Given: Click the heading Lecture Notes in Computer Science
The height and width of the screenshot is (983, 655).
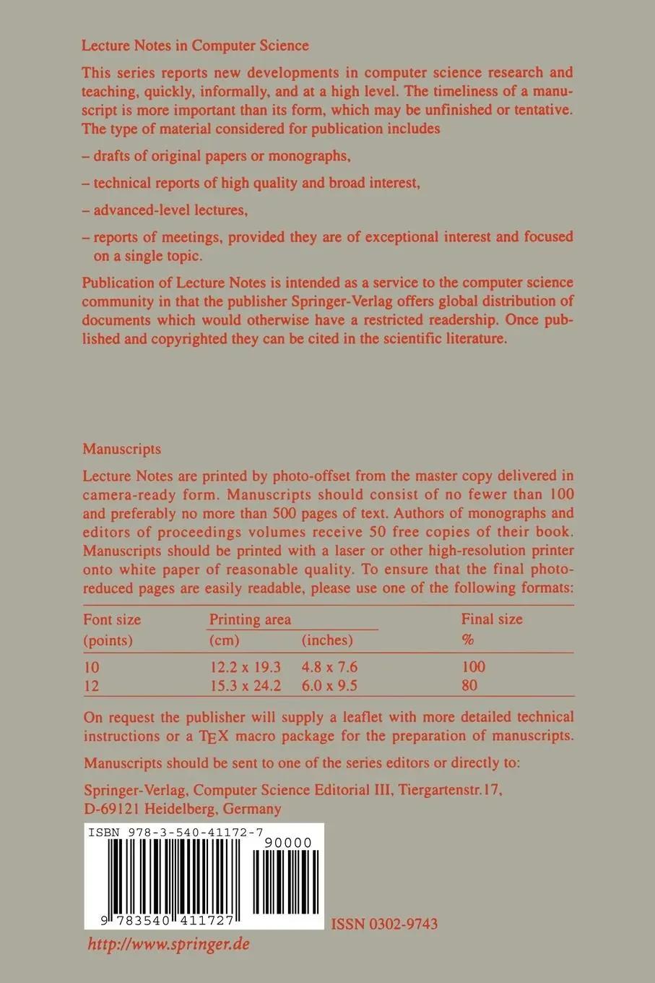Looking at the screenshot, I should (x=195, y=46).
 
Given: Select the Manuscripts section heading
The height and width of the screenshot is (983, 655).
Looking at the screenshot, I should (x=121, y=449).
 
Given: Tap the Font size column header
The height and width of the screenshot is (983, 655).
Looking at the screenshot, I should (x=112, y=619).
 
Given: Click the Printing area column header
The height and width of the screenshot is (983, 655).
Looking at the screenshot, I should (x=250, y=619).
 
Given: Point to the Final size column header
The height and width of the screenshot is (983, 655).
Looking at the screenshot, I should (x=492, y=619).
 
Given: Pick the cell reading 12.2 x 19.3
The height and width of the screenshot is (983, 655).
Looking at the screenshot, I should (x=245, y=666).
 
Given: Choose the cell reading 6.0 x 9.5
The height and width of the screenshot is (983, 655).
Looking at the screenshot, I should (x=329, y=685).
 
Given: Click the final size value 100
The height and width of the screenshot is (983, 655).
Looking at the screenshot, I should (x=473, y=666).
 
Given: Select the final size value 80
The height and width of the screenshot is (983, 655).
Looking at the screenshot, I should (x=469, y=685).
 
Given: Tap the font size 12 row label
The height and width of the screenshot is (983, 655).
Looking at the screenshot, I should (x=92, y=685).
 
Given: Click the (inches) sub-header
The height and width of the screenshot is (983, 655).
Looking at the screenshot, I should (x=327, y=640).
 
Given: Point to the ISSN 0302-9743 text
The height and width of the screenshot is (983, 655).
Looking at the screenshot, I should (x=384, y=924).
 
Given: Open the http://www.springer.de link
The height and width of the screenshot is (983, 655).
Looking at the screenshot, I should (x=168, y=944).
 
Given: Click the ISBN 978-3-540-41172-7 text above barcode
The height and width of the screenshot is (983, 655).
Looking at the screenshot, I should (x=186, y=833).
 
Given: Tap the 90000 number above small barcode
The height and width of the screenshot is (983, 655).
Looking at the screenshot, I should (x=288, y=843).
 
